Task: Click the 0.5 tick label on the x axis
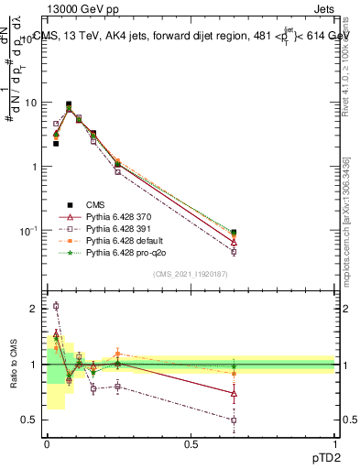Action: click(x=191, y=443)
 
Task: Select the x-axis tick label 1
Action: click(x=335, y=443)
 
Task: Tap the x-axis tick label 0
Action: click(x=47, y=443)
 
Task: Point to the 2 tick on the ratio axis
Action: click(x=33, y=309)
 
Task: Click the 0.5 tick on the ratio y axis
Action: click(x=29, y=420)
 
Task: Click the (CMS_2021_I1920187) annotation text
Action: click(x=191, y=274)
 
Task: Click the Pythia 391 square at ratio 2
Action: click(x=56, y=306)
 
